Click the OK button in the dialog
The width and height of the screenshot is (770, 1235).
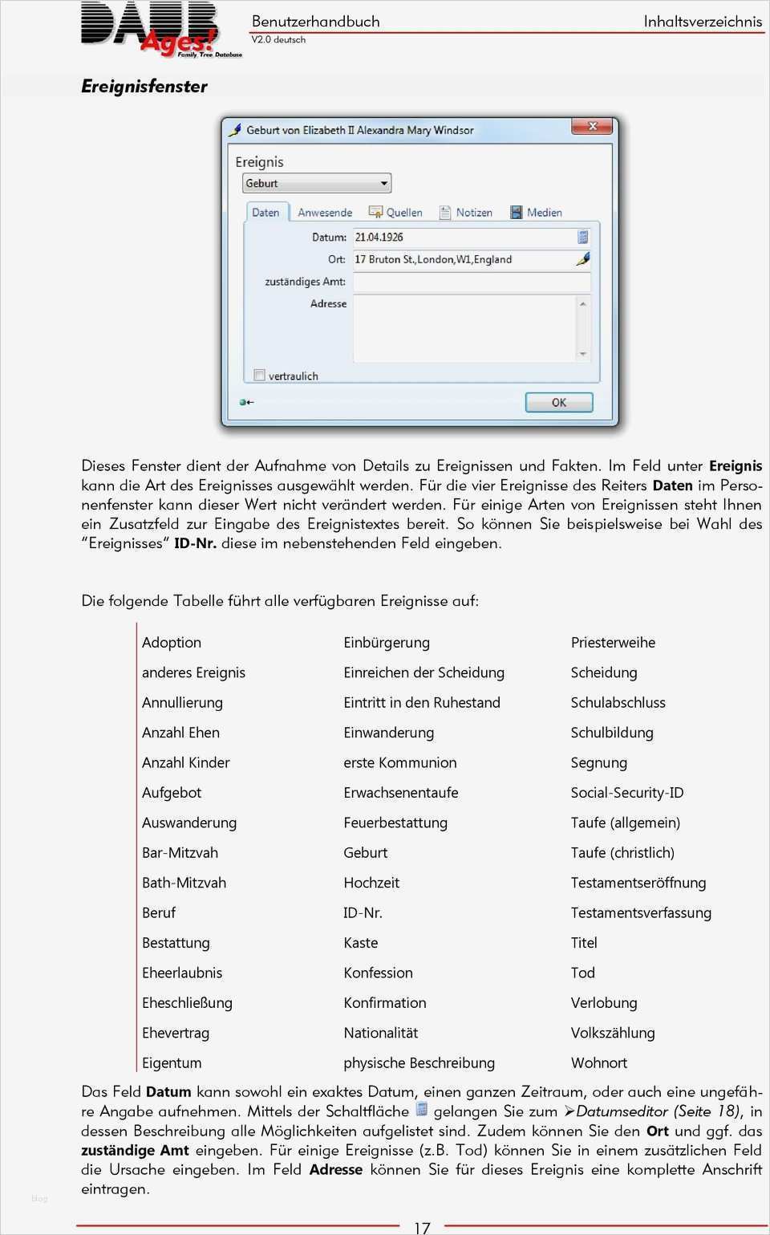[559, 403]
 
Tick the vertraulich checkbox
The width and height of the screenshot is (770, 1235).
[259, 375]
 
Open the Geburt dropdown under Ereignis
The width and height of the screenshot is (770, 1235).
[317, 183]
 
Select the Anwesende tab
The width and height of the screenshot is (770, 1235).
[325, 213]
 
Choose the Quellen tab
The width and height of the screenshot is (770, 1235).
[396, 213]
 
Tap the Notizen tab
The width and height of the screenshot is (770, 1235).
[467, 213]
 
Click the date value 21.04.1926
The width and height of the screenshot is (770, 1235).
[379, 238]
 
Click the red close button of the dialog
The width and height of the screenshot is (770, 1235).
[593, 126]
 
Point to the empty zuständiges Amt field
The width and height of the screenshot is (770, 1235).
[472, 282]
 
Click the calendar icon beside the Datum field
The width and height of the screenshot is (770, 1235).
[583, 237]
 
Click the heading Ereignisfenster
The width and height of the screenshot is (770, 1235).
[144, 87]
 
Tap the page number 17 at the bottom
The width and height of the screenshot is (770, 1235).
[422, 1227]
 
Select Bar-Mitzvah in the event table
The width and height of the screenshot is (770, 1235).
[180, 852]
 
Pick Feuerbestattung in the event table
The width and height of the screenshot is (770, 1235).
[395, 823]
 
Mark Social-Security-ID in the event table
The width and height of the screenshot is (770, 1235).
[627, 793]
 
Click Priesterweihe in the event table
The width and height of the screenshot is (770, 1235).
[613, 643]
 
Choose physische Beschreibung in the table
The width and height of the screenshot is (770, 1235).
[419, 1062]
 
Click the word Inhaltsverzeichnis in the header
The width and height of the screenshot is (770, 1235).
[703, 22]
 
